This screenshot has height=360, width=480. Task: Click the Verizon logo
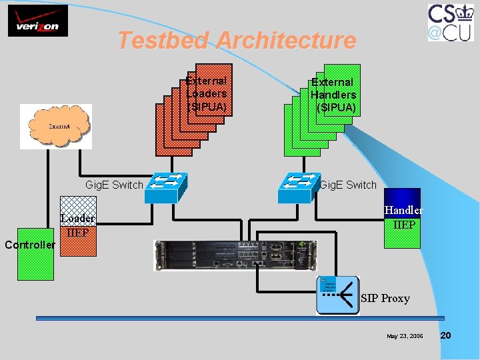33,21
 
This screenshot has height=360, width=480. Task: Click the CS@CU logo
451,22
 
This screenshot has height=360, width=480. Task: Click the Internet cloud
56,126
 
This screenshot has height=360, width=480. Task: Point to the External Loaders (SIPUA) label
207,93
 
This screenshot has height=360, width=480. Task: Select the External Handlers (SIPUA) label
333,95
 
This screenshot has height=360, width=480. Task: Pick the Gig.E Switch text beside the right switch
348,185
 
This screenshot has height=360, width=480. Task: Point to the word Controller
29,245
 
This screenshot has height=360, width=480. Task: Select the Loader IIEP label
77,225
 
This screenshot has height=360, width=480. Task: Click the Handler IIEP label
403,217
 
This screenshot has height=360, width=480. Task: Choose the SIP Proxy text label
385,298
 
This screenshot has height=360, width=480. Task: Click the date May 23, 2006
405,336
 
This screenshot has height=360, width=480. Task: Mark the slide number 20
446,335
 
